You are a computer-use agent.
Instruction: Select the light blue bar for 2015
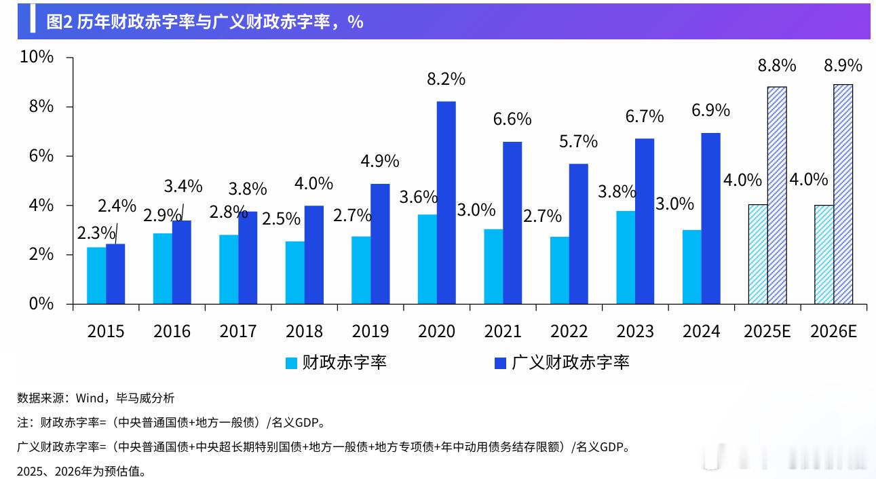(96, 275)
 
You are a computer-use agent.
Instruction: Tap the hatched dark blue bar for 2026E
(843, 194)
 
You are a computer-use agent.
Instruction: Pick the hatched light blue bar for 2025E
(757, 254)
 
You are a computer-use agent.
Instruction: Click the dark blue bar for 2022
(578, 233)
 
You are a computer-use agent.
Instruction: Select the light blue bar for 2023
(626, 257)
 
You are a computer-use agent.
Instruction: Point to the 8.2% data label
(446, 79)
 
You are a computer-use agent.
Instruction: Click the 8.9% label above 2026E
(843, 65)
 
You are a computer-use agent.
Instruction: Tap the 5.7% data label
(578, 141)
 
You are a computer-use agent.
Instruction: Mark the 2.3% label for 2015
(96, 233)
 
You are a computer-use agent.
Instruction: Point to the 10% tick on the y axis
(37, 57)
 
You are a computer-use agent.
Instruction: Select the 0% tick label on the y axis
(40, 304)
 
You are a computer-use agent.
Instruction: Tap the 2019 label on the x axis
(370, 331)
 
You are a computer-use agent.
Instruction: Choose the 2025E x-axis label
(767, 331)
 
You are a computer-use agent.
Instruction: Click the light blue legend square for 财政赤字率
(291, 363)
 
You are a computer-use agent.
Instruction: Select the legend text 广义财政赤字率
(570, 362)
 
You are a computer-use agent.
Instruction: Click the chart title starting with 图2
(204, 22)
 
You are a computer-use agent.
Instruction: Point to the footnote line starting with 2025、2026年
(81, 470)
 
